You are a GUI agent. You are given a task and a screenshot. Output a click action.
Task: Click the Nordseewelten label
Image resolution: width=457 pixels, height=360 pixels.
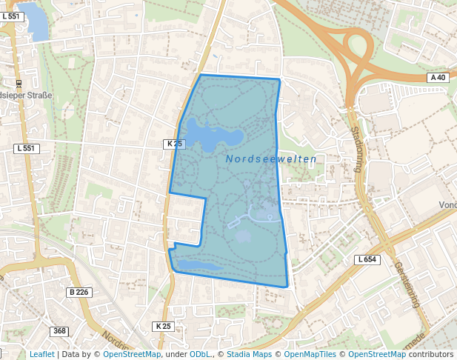(x=271, y=159)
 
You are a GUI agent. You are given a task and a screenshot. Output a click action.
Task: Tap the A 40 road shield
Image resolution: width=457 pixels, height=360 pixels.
(x=438, y=77)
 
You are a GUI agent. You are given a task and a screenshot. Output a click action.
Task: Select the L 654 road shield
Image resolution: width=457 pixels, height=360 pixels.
(x=367, y=259)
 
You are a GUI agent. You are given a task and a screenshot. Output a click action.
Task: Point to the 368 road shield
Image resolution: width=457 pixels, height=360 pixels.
(x=60, y=330)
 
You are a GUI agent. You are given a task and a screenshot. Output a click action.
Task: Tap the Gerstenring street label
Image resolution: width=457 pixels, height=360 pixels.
(x=407, y=286)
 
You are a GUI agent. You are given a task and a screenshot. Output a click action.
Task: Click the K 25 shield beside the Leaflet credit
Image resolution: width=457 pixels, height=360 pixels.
(x=163, y=326)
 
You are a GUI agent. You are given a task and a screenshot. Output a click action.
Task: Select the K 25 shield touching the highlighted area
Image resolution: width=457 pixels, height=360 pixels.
(x=174, y=144)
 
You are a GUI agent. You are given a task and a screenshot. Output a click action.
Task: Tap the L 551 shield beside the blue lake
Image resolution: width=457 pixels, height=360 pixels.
(x=10, y=16)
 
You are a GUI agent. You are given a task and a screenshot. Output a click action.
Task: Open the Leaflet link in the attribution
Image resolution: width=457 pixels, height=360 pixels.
(x=41, y=354)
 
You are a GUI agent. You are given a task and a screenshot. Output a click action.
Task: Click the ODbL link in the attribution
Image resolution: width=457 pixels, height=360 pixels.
(x=200, y=354)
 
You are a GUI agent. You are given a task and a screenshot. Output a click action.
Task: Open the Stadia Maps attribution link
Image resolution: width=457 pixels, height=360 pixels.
(x=249, y=354)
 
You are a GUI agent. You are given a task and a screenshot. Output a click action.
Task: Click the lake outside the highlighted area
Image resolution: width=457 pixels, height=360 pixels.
(x=35, y=21)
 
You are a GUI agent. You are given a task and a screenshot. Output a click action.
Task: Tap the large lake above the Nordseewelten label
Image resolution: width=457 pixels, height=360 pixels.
(x=211, y=136)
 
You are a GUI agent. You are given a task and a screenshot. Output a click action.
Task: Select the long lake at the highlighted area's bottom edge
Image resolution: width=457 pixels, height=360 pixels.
(x=199, y=265)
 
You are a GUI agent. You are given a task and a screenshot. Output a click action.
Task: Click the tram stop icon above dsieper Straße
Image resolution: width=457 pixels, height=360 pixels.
(x=19, y=83)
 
